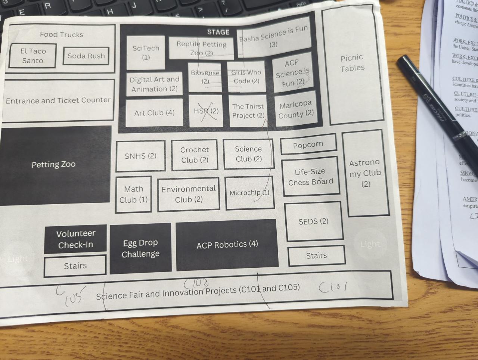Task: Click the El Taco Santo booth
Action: point(32,56)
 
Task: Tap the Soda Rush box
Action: point(86,56)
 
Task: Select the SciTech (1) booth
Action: point(146,52)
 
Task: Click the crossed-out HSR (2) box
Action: point(206,111)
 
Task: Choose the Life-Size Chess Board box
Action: point(310,177)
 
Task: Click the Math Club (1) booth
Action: point(133,195)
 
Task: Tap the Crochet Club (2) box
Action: point(195,155)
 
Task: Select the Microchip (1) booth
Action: point(249,193)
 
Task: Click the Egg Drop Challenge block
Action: point(140,248)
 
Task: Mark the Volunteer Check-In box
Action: point(75,239)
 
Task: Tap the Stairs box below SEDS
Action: point(316,256)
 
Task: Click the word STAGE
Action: point(218,32)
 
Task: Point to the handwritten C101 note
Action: point(333,287)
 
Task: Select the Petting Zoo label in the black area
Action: point(53,164)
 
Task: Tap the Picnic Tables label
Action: point(352,63)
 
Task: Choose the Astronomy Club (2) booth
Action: point(365,173)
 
